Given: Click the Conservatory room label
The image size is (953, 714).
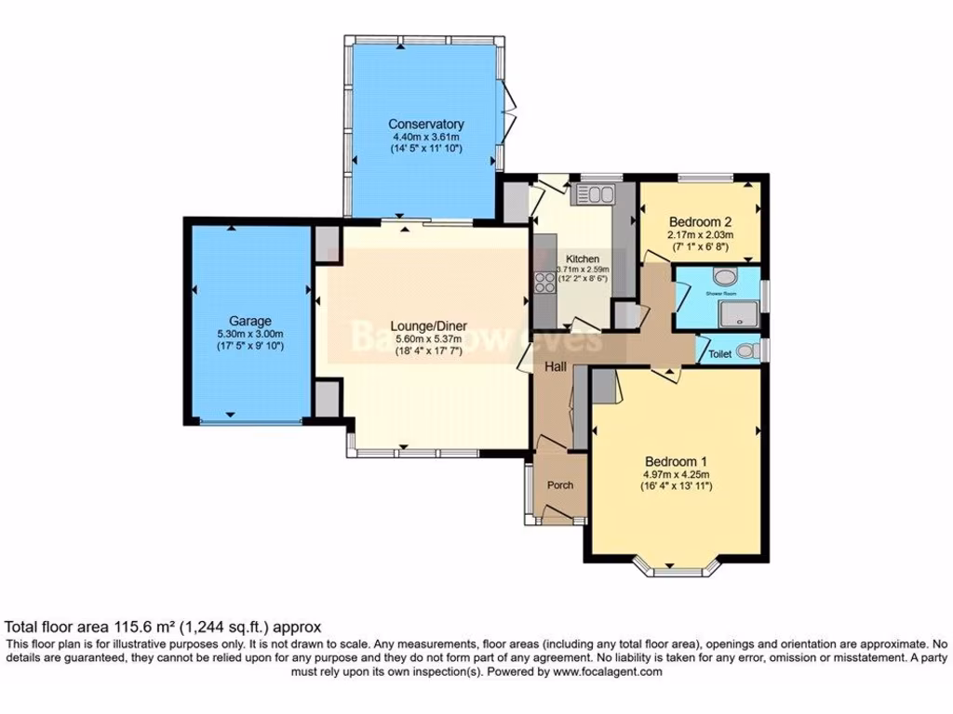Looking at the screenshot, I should tap(425, 125).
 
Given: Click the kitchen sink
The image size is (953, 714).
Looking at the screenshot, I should tap(593, 194).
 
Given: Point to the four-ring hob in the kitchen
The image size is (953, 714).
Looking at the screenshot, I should tap(544, 282).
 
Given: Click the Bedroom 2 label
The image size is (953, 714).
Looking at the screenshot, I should tap(700, 221).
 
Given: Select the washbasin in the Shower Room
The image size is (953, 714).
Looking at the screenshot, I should tap(723, 276).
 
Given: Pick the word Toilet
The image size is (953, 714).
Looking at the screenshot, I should tap(719, 354).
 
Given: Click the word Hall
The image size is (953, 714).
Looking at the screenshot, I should tap(556, 368).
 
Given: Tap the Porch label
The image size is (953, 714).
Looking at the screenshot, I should tap(560, 484).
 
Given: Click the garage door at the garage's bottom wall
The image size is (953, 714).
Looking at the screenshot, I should tap(252, 421).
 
